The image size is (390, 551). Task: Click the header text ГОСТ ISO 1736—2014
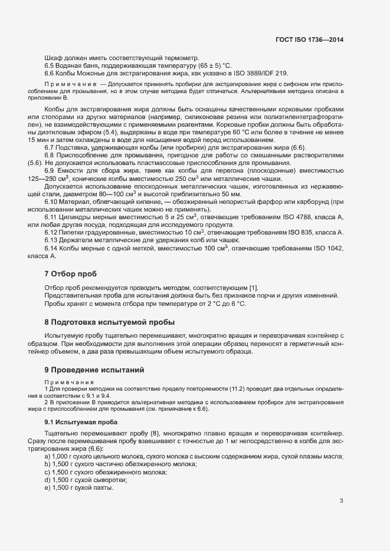[310, 40]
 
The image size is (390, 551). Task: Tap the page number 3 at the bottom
[341, 501]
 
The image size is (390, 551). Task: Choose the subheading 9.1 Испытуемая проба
[81, 423]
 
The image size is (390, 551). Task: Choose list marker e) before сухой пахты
[47, 471]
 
